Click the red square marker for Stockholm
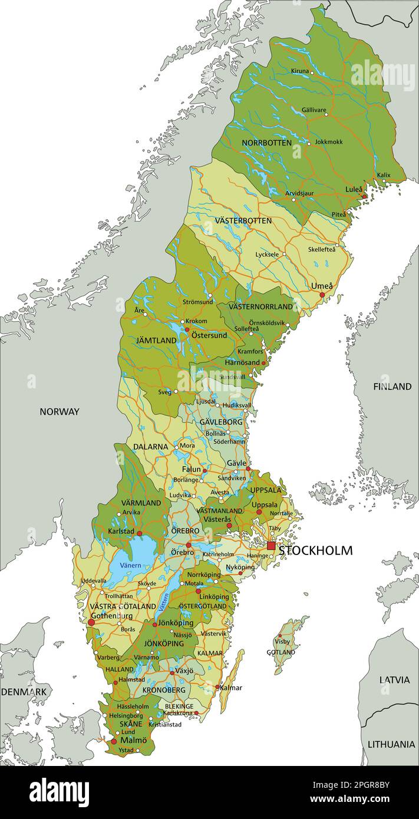pos(271,546)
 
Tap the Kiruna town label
pos(299,71)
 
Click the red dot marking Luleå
pos(365,196)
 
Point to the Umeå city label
pos(322,286)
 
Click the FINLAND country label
pos(392,387)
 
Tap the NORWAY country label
pos(59,411)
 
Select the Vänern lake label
pos(130,565)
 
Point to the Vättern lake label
pos(163,601)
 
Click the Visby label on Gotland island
pos(282,642)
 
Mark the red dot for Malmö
pos(113,741)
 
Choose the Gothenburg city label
pos(112,616)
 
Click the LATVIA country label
pos(394,679)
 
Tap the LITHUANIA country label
pos(391,744)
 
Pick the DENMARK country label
pos(25,691)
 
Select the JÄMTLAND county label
pos(156,341)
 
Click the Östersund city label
pos(209,335)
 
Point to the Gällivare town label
pos(314,110)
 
